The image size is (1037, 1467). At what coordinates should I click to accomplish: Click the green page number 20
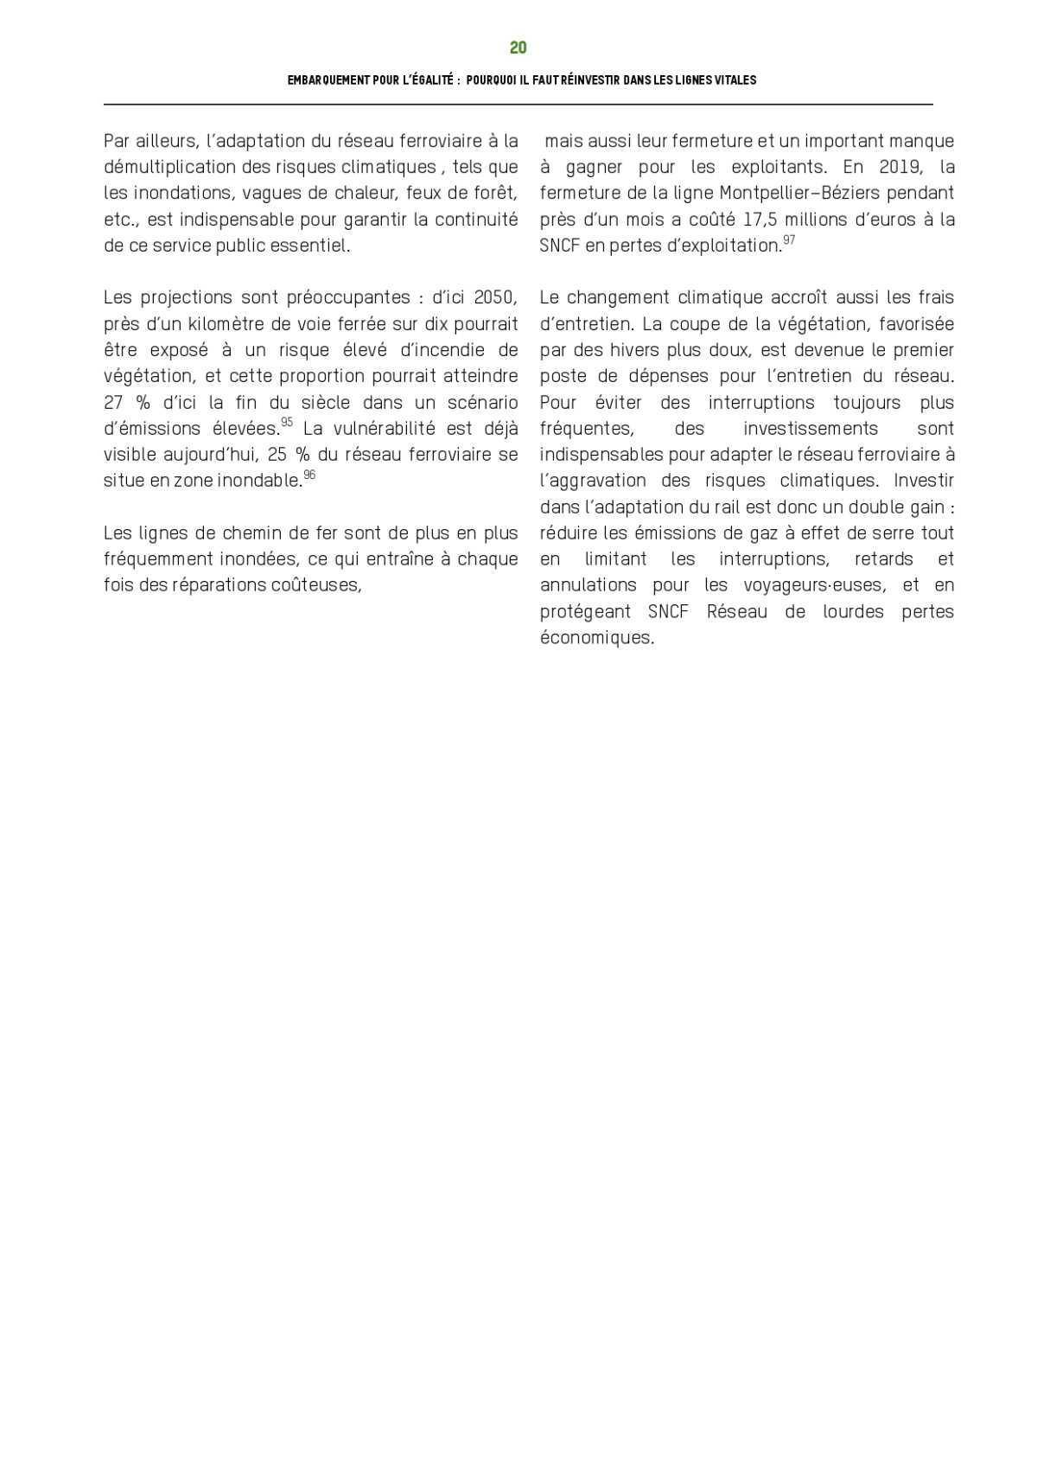[518, 48]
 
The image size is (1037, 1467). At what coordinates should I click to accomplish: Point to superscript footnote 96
[309, 475]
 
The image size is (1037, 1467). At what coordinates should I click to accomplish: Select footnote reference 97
[788, 239]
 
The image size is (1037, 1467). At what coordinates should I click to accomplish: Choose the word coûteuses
[315, 585]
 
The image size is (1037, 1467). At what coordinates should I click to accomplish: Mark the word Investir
[924, 481]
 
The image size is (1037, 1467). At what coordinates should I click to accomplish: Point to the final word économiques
[596, 638]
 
